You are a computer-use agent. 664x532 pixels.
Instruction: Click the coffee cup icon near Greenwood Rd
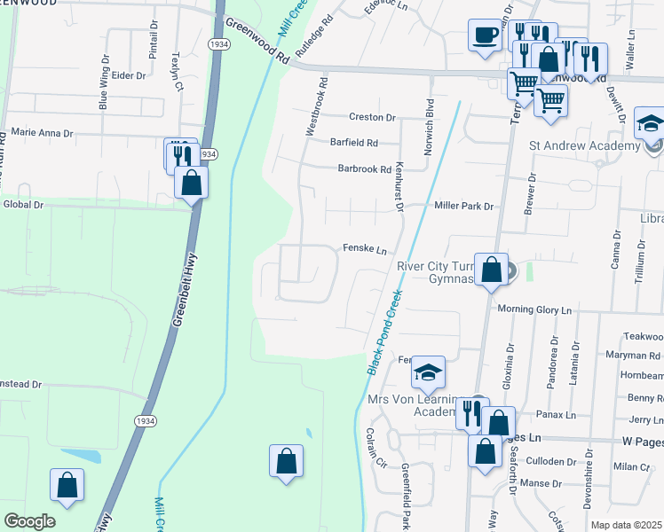(x=485, y=36)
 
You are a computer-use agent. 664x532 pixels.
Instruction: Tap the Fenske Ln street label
(x=365, y=249)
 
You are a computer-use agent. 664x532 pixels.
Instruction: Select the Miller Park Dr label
(x=463, y=206)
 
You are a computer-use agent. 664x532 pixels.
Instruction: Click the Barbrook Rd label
(x=364, y=168)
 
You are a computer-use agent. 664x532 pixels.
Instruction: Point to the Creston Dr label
(x=372, y=117)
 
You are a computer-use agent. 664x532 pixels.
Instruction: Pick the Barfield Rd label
(x=353, y=143)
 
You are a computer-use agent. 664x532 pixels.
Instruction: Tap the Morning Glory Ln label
(x=534, y=310)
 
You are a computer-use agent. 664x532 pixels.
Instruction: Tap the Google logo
(x=30, y=521)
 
